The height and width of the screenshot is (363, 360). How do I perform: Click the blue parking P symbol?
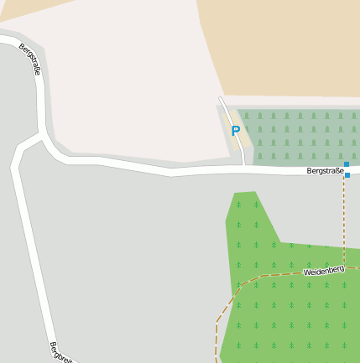(x=236, y=131)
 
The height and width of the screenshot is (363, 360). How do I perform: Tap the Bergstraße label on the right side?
(x=326, y=171)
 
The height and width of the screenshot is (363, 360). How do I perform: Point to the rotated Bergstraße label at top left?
(x=30, y=59)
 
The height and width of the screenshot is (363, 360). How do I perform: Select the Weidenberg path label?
(x=323, y=271)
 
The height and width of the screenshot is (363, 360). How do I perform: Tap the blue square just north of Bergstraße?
(x=346, y=164)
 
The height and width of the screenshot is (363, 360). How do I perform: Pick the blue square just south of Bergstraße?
(x=347, y=175)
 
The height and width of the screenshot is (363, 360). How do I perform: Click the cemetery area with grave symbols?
(x=302, y=134)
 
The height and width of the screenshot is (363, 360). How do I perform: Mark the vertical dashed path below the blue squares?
(x=344, y=218)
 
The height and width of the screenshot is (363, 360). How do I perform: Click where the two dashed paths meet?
(x=343, y=269)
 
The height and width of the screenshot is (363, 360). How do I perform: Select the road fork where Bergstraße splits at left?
(x=41, y=133)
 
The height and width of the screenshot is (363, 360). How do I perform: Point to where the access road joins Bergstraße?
(x=243, y=167)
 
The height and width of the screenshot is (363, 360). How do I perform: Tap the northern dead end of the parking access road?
(x=221, y=99)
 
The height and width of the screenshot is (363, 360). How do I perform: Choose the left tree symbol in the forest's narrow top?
(x=238, y=204)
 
